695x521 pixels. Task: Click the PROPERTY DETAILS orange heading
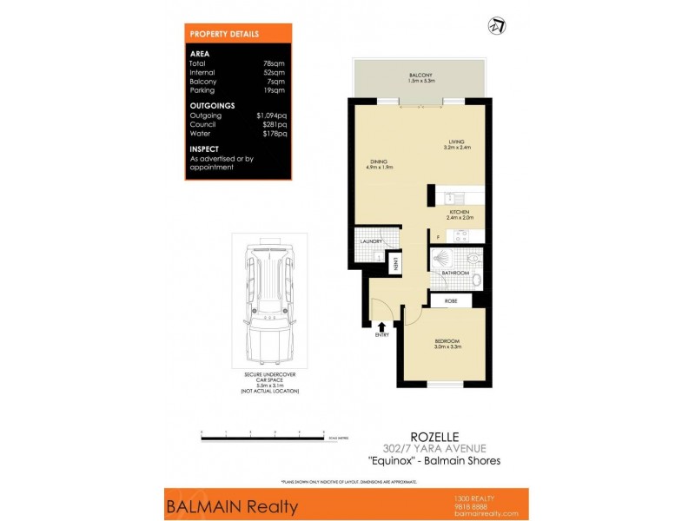click(224, 34)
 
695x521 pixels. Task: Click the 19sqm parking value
click(275, 90)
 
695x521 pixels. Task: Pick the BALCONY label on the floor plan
click(421, 76)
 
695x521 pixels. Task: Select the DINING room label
click(377, 162)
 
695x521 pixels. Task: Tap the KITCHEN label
click(460, 213)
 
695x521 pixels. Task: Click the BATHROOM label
click(455, 274)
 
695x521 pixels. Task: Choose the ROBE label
click(451, 300)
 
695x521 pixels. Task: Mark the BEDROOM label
click(447, 340)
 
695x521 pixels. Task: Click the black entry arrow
click(382, 324)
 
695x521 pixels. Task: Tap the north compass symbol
click(499, 26)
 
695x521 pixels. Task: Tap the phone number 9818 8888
click(473, 505)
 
